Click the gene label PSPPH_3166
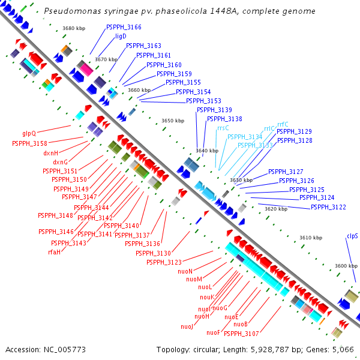(x=124, y=28)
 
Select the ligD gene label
(x=121, y=37)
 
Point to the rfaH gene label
(x=54, y=252)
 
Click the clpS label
(x=352, y=236)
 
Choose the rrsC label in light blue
(x=223, y=128)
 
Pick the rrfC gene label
(x=283, y=124)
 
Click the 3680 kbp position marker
(x=74, y=28)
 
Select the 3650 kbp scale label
(x=173, y=121)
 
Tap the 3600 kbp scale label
(x=346, y=266)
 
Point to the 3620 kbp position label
(x=276, y=209)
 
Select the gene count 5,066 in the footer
(x=342, y=349)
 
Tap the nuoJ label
(x=187, y=326)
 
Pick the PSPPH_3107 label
(x=242, y=334)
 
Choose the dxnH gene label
(x=50, y=153)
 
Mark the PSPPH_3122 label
(x=328, y=207)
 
